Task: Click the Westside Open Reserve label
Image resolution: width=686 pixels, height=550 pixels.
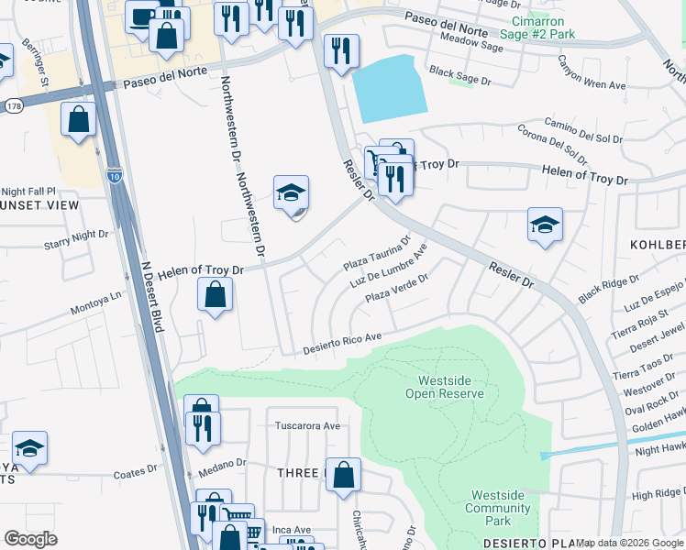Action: (449, 387)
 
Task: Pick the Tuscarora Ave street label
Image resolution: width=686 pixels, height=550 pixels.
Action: (308, 426)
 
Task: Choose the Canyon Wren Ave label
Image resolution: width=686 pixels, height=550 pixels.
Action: (591, 73)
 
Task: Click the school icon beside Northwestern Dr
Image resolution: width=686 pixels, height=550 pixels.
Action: (291, 195)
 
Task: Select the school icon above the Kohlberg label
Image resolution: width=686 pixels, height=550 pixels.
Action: (545, 225)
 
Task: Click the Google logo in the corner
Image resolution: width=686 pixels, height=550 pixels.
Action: (30, 539)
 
